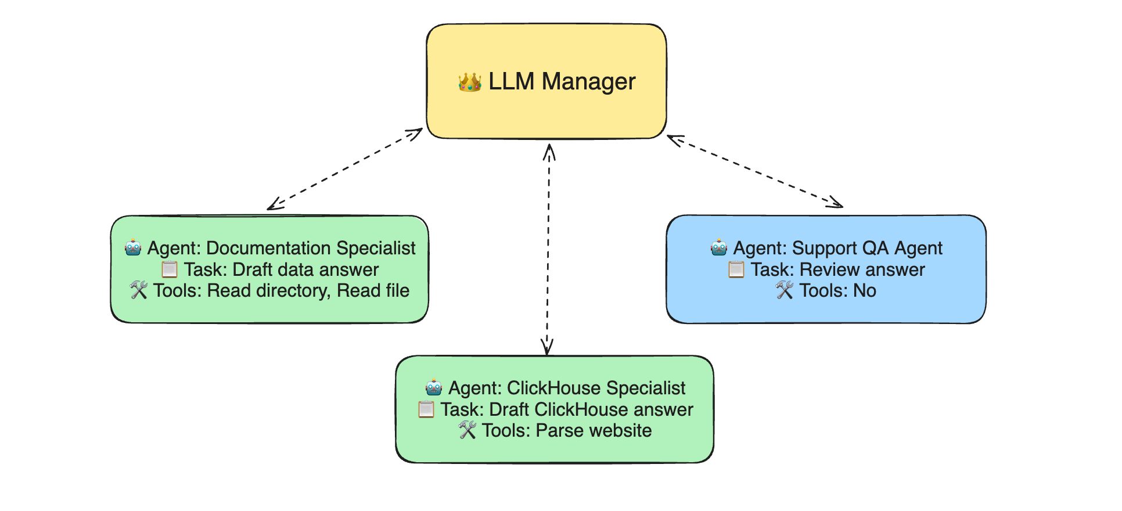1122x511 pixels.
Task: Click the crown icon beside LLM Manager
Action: click(470, 82)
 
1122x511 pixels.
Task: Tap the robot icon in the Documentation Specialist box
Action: click(133, 248)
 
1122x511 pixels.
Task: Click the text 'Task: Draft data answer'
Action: click(281, 269)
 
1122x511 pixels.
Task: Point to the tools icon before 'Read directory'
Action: click(139, 290)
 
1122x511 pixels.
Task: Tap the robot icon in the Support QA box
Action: click(719, 248)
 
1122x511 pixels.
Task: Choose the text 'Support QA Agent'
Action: click(867, 248)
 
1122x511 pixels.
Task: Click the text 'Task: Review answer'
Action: click(837, 269)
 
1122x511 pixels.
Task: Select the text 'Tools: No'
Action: click(837, 290)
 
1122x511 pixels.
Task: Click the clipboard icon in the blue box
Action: click(736, 269)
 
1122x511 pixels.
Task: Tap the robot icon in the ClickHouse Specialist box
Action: click(434, 388)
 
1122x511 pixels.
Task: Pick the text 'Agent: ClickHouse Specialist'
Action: click(567, 388)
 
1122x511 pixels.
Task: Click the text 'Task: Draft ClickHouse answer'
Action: click(567, 409)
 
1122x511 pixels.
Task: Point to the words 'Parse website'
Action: click(594, 430)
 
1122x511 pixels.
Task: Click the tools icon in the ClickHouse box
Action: click(468, 430)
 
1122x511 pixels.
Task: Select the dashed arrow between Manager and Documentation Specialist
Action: click(345, 169)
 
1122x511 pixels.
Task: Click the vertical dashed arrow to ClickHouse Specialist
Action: click(548, 250)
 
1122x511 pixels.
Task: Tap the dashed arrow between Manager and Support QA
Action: click(755, 171)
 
